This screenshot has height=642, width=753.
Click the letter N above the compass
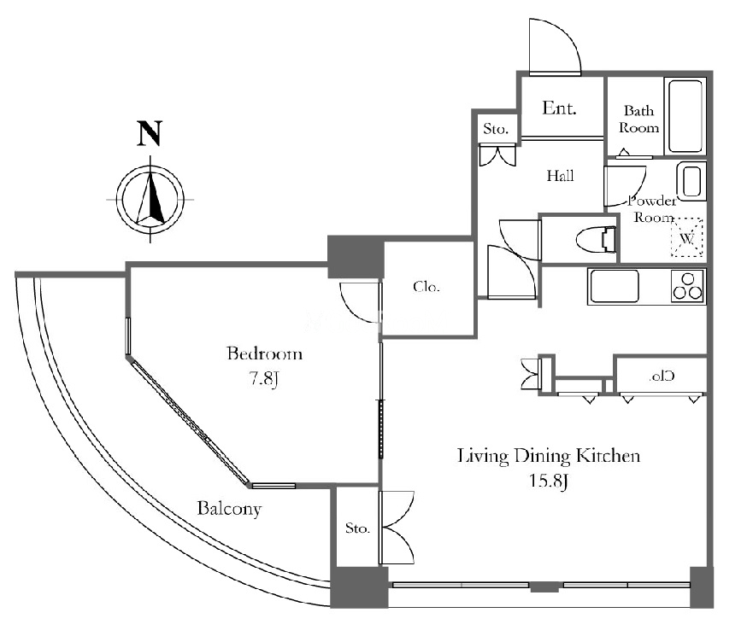tap(150, 134)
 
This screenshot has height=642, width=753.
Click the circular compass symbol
tap(150, 197)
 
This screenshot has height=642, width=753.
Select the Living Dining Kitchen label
tap(549, 456)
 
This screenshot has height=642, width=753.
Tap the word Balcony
tap(229, 510)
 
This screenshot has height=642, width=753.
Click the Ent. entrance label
tap(560, 108)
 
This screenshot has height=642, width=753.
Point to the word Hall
tap(560, 177)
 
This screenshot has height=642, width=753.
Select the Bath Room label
tap(639, 119)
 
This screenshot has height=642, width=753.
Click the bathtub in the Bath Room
tap(685, 116)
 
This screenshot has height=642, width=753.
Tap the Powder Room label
tap(652, 209)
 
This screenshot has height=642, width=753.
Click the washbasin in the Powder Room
tap(691, 182)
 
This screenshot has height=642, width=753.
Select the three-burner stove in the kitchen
tap(688, 286)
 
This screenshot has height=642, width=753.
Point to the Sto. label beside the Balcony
tap(357, 528)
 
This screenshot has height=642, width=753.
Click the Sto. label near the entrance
tap(497, 130)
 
